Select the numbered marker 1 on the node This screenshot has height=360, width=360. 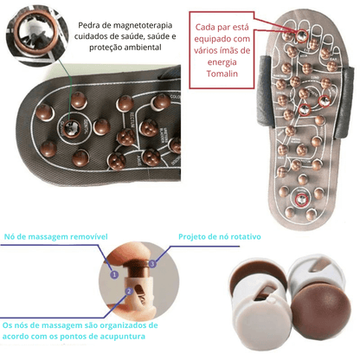click(x=112, y=273)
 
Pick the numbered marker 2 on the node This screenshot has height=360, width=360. click(x=128, y=292)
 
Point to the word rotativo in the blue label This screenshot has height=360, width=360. click(x=238, y=235)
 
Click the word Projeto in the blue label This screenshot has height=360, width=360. click(x=196, y=235)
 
